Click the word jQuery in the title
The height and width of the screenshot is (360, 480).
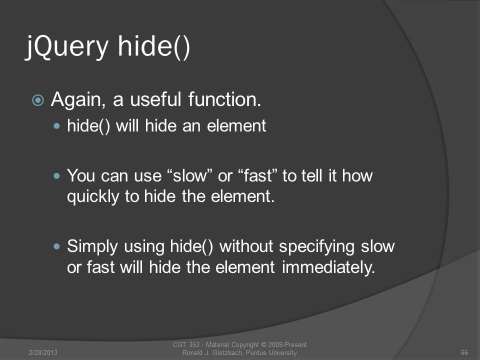(x=66, y=47)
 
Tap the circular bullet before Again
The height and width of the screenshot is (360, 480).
(x=38, y=100)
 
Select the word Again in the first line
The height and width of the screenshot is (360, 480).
(x=78, y=100)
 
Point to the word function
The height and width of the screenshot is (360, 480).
(x=224, y=99)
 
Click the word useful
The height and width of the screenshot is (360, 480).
(x=155, y=99)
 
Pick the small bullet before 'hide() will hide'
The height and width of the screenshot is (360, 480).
(x=56, y=126)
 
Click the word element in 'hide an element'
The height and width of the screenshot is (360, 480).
(x=236, y=126)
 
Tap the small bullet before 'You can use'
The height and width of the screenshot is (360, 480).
(x=56, y=175)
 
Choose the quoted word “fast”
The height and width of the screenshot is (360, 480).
(x=257, y=175)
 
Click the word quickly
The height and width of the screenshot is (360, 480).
(x=93, y=197)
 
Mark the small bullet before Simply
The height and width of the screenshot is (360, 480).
(x=56, y=246)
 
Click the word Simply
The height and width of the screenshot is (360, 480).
(x=92, y=247)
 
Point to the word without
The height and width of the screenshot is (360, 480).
(x=246, y=246)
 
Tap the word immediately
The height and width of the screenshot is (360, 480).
(x=328, y=267)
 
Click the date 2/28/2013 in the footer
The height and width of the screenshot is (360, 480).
(x=43, y=352)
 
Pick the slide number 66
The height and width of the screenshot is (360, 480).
(x=464, y=352)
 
